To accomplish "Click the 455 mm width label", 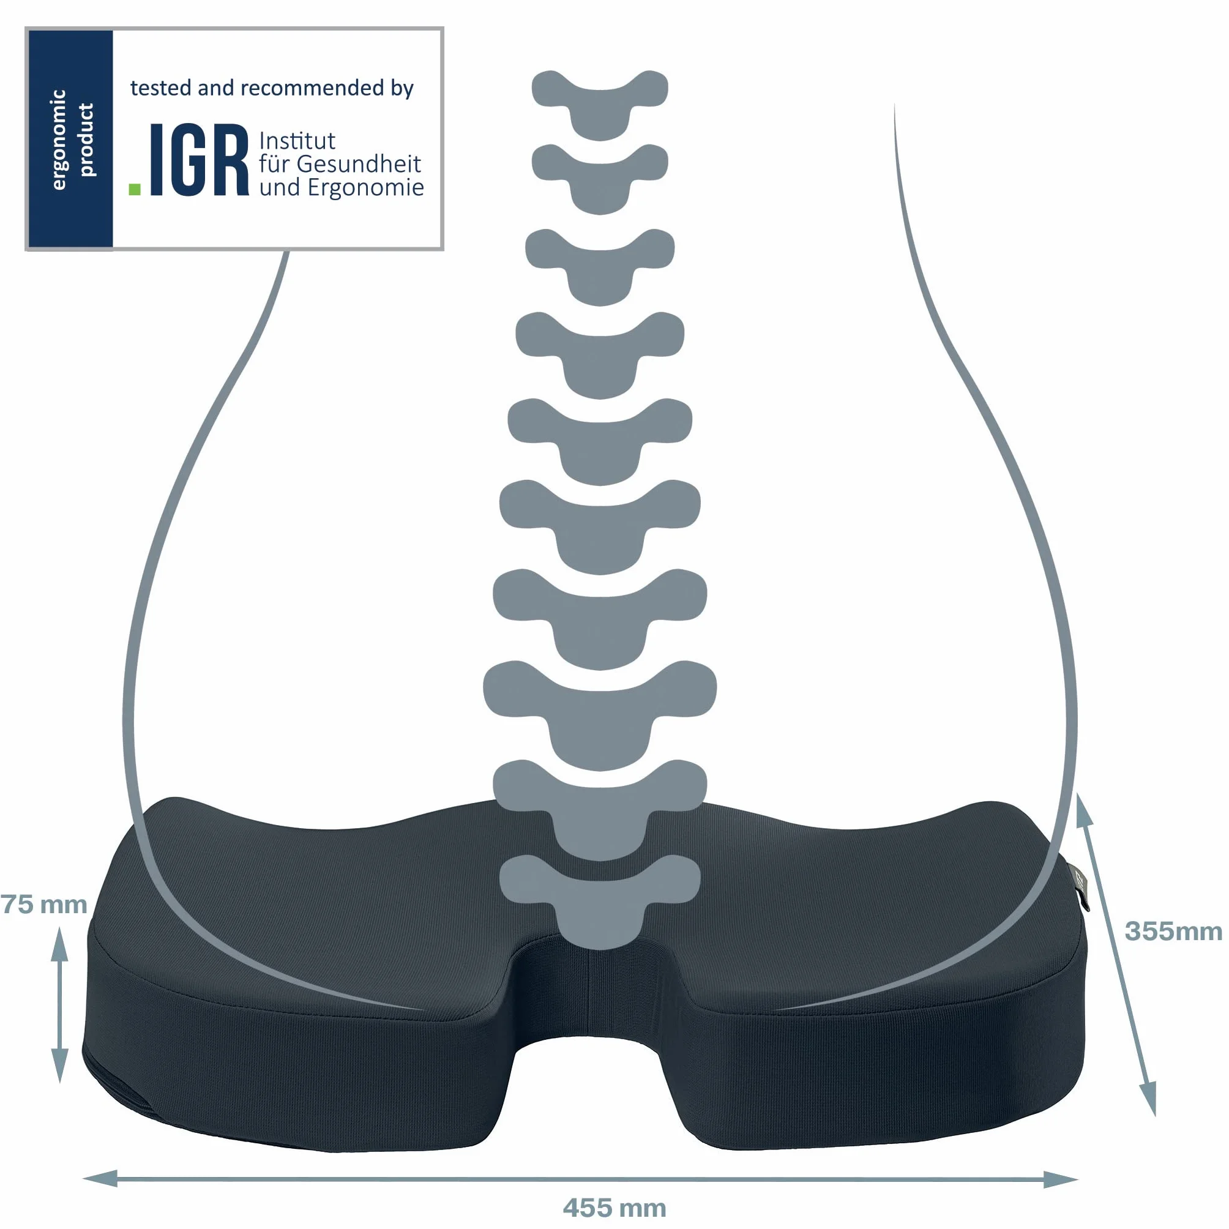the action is (x=614, y=1208).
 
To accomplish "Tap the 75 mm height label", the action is (x=43, y=904).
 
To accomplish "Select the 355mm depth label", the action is (x=1173, y=932).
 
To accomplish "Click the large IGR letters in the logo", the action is (x=198, y=160).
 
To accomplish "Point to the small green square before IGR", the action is (x=134, y=189).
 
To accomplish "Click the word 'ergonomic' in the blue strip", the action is (x=58, y=140).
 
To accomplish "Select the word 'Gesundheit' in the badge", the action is (x=359, y=164).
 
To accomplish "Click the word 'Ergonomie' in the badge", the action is (x=366, y=188).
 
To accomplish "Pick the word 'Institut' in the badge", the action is (x=297, y=141).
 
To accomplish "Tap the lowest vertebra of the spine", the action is (x=600, y=902).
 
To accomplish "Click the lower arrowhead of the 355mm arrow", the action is (x=1148, y=1099).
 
